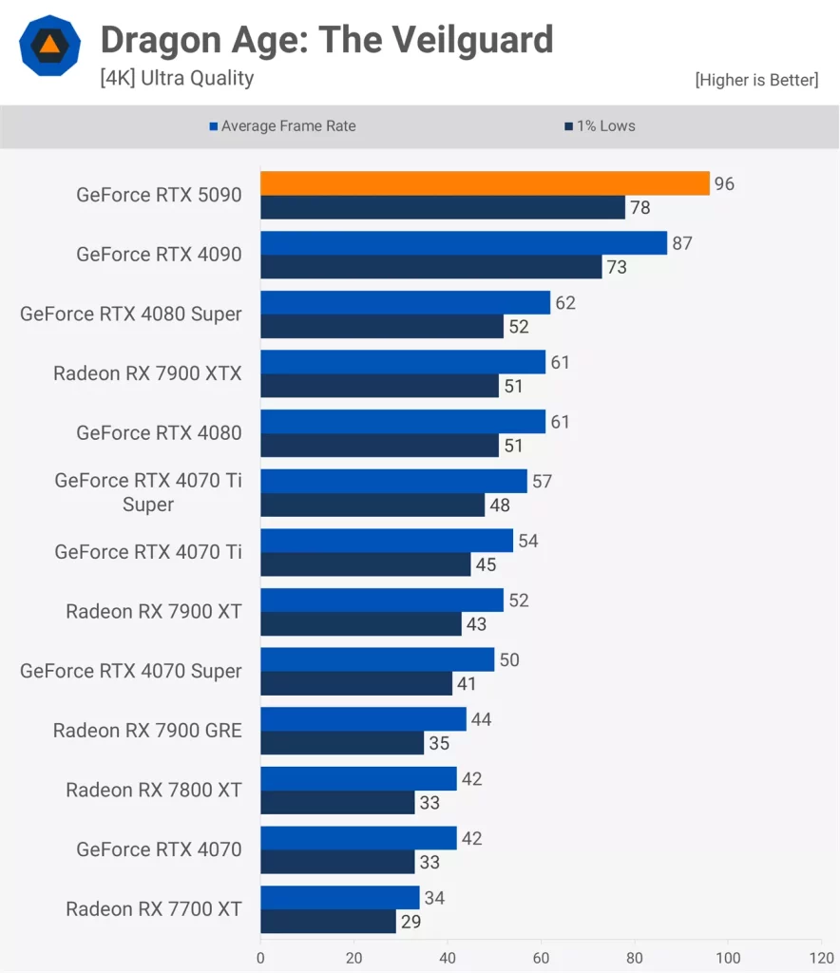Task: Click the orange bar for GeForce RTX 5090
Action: [485, 183]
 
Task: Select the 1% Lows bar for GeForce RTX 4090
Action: [430, 267]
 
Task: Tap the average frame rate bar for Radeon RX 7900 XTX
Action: [403, 362]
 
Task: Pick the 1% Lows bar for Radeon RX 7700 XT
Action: [328, 922]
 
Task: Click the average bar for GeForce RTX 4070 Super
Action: [377, 659]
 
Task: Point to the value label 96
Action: [724, 184]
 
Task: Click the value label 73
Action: [617, 268]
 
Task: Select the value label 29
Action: [411, 922]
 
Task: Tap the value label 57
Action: [542, 482]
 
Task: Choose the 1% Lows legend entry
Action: [605, 126]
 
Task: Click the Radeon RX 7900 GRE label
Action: [147, 731]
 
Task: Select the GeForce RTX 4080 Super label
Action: [131, 314]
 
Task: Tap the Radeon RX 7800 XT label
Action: [154, 790]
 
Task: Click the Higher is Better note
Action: [756, 80]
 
